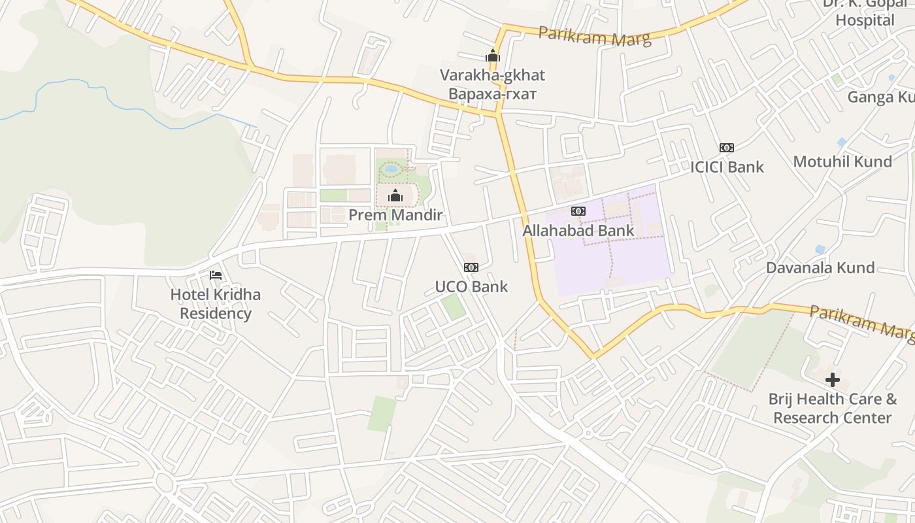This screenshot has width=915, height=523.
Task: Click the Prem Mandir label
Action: click(395, 215)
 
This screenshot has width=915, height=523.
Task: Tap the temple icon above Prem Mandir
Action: click(395, 195)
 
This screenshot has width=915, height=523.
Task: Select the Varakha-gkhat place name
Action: click(492, 75)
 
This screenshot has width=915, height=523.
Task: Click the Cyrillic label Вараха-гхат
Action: click(492, 93)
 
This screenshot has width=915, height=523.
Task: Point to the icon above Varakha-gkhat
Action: click(493, 56)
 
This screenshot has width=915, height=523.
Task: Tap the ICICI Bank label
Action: click(727, 167)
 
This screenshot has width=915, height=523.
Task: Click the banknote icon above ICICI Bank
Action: click(726, 148)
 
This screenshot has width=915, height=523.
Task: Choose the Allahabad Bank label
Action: click(578, 230)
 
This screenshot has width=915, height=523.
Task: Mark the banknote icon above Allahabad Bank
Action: click(578, 211)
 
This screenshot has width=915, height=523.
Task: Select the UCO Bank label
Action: click(471, 286)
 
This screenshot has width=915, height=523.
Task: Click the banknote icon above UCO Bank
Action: click(471, 267)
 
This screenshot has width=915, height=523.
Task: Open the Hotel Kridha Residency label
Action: click(215, 304)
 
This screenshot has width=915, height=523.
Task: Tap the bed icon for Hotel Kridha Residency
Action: click(215, 275)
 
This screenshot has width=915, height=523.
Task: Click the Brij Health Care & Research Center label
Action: click(832, 408)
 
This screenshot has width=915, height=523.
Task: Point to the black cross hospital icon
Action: click(832, 379)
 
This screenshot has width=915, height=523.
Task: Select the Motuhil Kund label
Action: click(842, 161)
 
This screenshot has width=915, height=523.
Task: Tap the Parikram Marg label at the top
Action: click(595, 36)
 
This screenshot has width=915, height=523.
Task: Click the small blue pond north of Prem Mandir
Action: click(391, 169)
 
